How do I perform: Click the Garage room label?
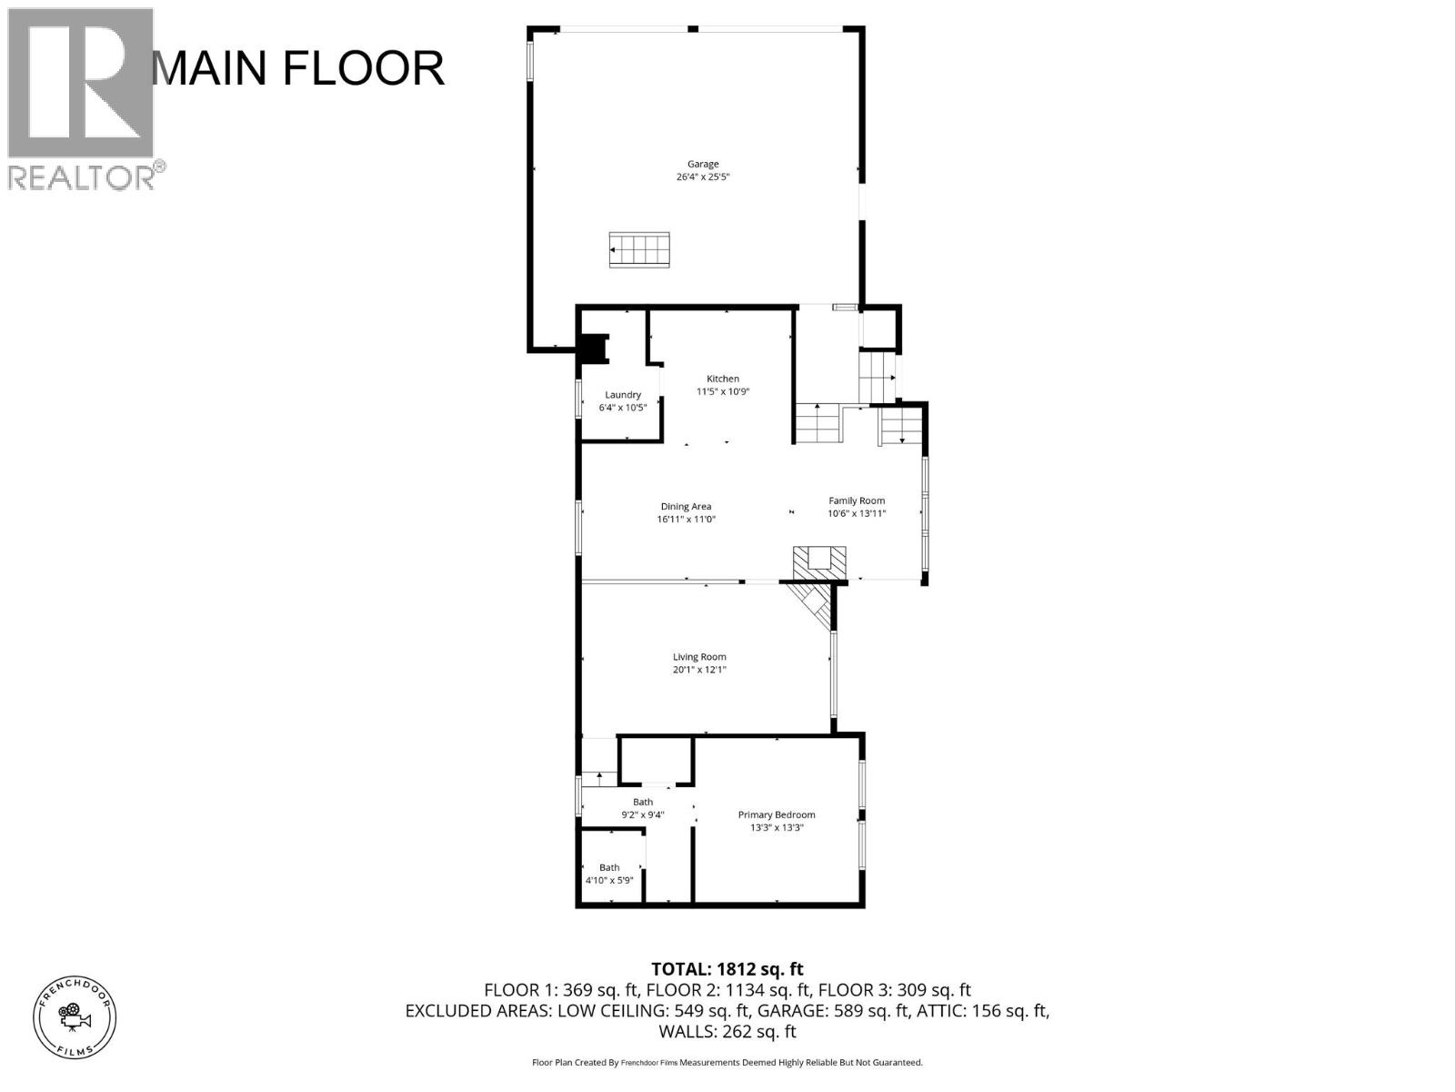[x=702, y=164]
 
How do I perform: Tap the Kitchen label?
[x=723, y=379]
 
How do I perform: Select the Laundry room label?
[x=623, y=394]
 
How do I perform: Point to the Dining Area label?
[x=686, y=506]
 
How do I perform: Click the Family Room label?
[x=856, y=500]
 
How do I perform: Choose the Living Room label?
[x=699, y=656]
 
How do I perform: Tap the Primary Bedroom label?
[x=776, y=814]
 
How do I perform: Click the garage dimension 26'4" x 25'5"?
[x=702, y=177]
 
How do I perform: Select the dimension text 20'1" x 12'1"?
[x=699, y=670]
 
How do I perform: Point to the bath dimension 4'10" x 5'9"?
[x=608, y=880]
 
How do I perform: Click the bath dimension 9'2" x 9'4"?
[x=642, y=814]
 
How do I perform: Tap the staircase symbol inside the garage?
[x=639, y=249]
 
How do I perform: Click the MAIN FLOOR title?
[x=298, y=68]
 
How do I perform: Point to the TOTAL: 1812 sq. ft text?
[x=727, y=969]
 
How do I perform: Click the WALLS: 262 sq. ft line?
[x=727, y=1031]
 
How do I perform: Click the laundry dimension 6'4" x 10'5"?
[x=623, y=408]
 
